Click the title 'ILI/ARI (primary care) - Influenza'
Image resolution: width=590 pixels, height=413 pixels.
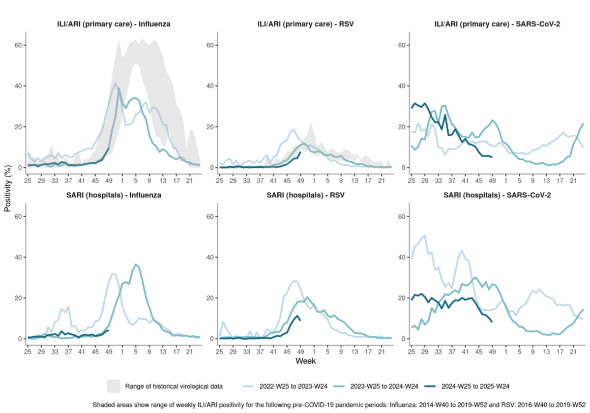(113, 23)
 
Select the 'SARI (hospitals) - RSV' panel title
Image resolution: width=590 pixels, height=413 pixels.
(305, 195)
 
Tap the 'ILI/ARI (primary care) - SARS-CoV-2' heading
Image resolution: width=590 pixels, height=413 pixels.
(496, 23)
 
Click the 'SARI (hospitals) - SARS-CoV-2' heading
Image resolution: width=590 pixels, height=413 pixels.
(496, 195)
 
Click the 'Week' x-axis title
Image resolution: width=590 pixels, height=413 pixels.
(305, 361)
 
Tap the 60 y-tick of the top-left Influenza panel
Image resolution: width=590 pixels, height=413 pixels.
(19, 45)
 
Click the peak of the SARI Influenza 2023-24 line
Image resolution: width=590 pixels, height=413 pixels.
(136, 264)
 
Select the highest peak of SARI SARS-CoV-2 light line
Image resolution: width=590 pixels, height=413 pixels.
(425, 235)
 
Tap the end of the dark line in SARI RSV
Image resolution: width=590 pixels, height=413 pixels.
(300, 320)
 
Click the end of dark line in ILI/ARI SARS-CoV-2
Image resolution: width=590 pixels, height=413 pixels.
(491, 157)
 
